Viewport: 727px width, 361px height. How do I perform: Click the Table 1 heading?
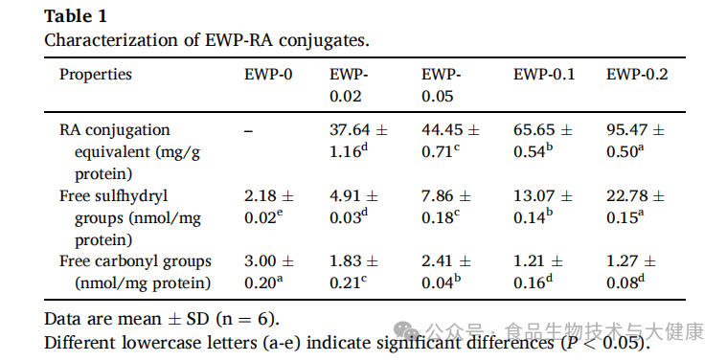[76, 16]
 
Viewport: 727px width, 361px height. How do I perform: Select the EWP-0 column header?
[268, 75]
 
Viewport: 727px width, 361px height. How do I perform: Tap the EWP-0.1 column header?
[544, 75]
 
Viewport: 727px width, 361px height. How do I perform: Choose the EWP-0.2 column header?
[637, 75]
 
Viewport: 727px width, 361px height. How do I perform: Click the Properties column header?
[96, 75]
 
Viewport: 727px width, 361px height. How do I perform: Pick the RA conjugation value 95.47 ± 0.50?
[635, 141]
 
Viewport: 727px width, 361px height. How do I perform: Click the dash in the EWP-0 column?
[248, 131]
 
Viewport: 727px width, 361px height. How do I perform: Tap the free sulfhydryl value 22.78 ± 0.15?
[635, 207]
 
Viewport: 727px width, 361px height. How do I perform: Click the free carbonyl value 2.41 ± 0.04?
[446, 273]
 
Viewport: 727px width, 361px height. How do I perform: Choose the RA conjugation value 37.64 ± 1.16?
[358, 141]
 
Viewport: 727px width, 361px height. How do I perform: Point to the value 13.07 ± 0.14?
[543, 207]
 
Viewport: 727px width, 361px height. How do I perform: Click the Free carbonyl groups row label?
[135, 273]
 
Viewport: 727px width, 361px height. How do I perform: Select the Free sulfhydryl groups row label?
[130, 217]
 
